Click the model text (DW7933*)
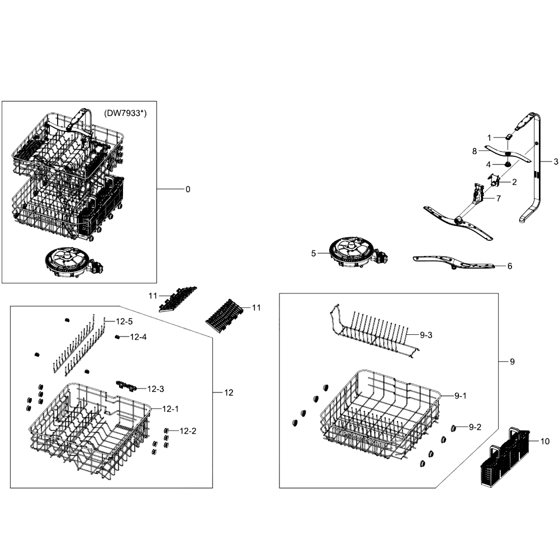pyautogui.click(x=125, y=113)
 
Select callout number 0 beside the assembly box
pyautogui.click(x=188, y=190)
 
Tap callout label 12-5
pyautogui.click(x=124, y=321)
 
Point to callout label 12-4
pyautogui.click(x=138, y=337)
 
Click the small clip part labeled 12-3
pyautogui.click(x=126, y=385)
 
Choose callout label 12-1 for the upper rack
pyautogui.click(x=170, y=409)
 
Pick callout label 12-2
pyautogui.click(x=188, y=431)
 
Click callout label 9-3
pyautogui.click(x=426, y=335)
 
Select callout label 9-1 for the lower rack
pyautogui.click(x=460, y=396)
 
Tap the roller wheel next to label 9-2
pyautogui.click(x=454, y=428)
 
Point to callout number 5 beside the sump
pyautogui.click(x=314, y=253)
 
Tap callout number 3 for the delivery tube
pyautogui.click(x=556, y=162)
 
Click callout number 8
pyautogui.click(x=474, y=151)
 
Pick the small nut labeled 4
pyautogui.click(x=506, y=164)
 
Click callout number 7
pyautogui.click(x=499, y=198)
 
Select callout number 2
pyautogui.click(x=514, y=182)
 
